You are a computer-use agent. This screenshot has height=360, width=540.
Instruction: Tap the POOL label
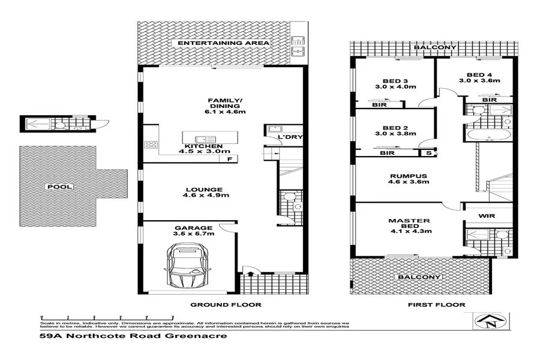point(61,187)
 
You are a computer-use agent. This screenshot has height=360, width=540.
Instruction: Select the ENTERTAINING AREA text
point(223,44)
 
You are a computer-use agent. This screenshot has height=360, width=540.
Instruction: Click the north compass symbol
point(491,323)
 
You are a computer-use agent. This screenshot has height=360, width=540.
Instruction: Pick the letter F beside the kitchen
point(229,158)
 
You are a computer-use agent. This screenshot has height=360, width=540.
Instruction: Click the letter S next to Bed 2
point(428,153)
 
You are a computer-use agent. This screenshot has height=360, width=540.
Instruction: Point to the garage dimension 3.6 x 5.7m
point(193,235)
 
